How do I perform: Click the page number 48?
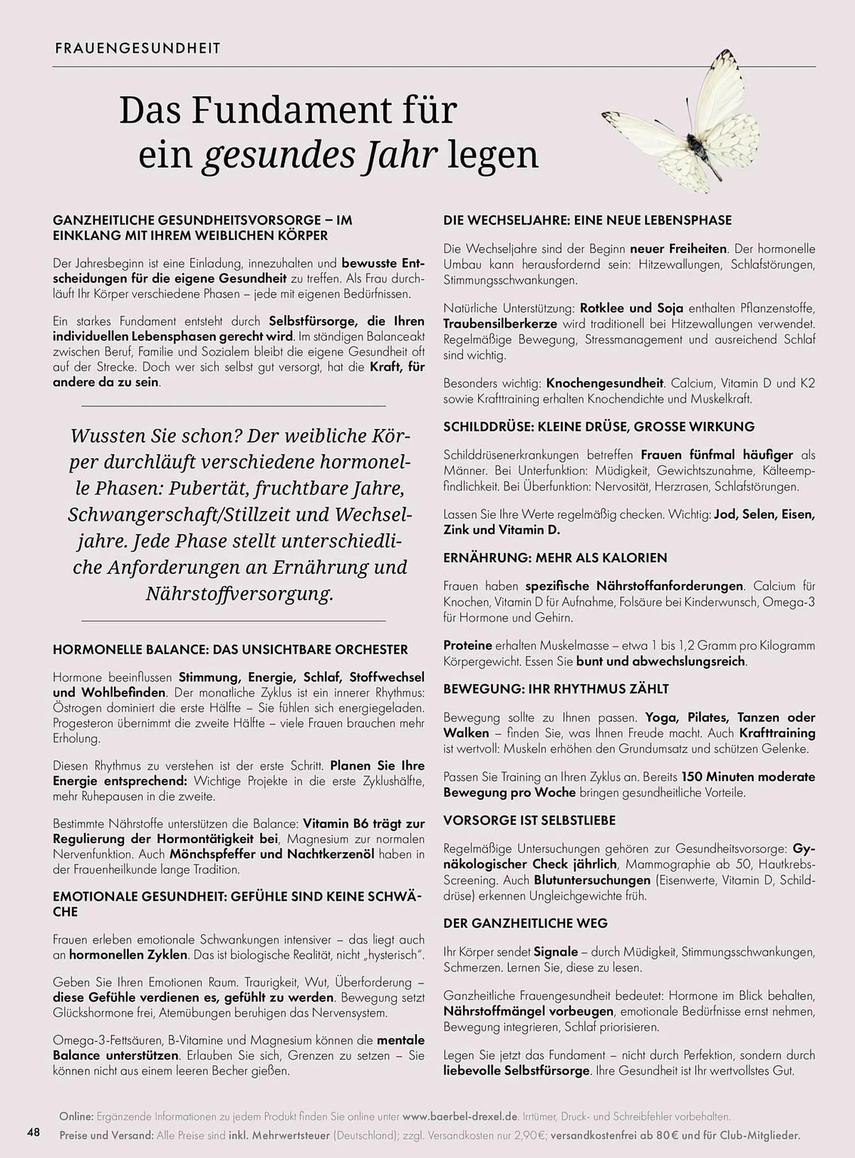point(34,1131)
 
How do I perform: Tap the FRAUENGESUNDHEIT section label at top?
point(138,49)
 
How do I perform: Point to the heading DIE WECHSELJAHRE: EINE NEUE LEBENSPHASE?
point(588,221)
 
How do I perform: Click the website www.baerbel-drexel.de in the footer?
point(460,1116)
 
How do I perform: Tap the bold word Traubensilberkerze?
point(500,324)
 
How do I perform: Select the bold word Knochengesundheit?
point(604,383)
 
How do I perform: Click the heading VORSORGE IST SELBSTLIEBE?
point(529,820)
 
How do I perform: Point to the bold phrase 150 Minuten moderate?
point(748,777)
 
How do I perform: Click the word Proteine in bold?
point(468,646)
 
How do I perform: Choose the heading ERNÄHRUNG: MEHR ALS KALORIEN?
point(555,558)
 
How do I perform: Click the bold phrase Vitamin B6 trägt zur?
point(364,824)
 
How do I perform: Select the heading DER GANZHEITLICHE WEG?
point(525,924)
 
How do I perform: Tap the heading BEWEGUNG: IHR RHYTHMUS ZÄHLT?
point(556,689)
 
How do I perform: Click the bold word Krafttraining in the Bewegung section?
point(777,734)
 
